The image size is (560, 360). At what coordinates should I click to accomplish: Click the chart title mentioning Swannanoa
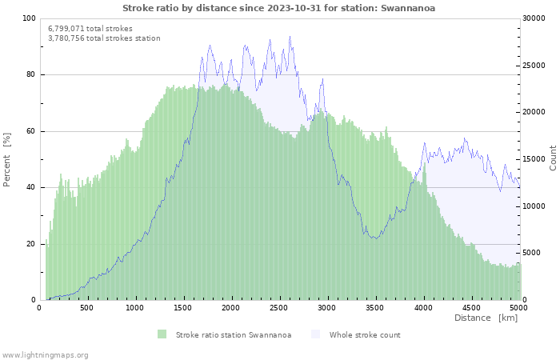tap(279, 8)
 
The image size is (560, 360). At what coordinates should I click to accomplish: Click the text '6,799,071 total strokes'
tap(90, 28)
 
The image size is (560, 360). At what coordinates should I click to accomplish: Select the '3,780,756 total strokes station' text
tap(104, 38)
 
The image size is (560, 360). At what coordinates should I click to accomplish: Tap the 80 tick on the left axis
tap(31, 74)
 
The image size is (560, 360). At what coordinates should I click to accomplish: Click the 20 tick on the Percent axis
tap(31, 244)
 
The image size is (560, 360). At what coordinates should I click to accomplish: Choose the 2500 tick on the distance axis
tap(279, 307)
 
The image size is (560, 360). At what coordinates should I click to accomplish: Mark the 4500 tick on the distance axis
tap(471, 307)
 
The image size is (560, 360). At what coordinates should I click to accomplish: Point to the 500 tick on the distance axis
tap(87, 307)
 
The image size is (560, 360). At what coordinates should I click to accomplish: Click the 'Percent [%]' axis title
tap(7, 160)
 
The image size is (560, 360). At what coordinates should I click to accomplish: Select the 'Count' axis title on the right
tap(553, 158)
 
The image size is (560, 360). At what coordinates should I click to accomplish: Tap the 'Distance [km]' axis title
tap(486, 318)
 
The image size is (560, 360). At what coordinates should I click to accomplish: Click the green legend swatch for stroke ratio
tap(162, 334)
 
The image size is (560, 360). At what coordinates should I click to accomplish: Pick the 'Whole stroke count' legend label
tap(365, 335)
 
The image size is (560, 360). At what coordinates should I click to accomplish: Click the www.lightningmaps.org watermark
tap(46, 354)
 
